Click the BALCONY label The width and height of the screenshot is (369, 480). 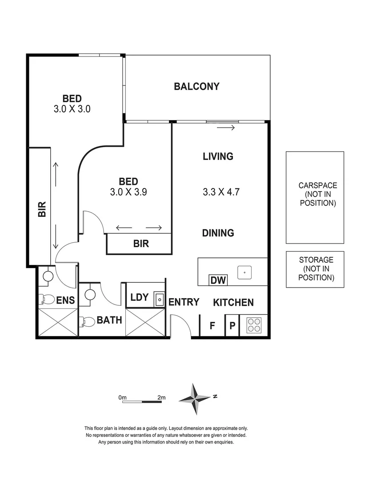197,86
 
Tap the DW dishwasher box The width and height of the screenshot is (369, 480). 219,280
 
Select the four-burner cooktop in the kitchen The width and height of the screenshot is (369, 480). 254,325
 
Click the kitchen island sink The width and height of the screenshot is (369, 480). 245,272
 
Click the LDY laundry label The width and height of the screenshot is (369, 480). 139,297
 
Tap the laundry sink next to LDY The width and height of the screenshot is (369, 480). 158,299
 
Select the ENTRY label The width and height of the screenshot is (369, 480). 184,302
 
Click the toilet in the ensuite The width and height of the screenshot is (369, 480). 46,299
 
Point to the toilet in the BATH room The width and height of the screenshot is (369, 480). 87,321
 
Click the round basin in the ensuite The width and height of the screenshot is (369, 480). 48,277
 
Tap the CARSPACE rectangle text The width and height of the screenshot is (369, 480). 317,194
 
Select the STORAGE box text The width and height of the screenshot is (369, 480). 316,268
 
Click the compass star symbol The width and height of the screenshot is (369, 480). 195,399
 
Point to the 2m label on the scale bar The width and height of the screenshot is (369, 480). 161,397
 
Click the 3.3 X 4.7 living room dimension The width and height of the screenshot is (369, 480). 218,192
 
